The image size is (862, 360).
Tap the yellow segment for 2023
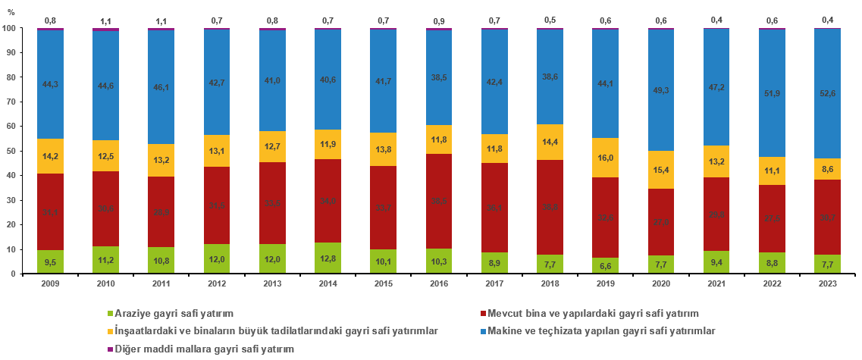click(x=828, y=168)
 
